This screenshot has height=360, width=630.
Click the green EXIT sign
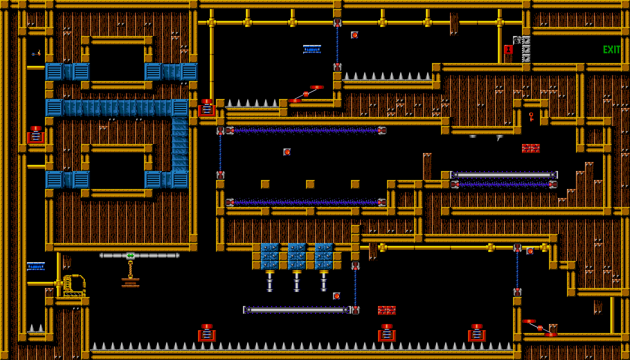[x=611, y=50]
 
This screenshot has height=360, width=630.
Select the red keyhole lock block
[x=508, y=49]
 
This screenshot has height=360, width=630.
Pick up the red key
[x=531, y=116]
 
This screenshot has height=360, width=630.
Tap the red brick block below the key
[x=530, y=148]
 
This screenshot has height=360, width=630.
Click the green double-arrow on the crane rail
[x=130, y=255]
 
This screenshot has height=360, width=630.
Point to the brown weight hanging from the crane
[x=130, y=282]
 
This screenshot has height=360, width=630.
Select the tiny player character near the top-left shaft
[x=37, y=53]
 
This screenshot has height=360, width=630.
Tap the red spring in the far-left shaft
[x=36, y=135]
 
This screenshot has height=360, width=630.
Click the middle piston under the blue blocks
[x=296, y=280]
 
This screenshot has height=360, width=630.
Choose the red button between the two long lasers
[x=287, y=152]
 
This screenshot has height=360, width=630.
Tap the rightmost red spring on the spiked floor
[x=476, y=333]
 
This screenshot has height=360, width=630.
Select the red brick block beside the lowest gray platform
[x=386, y=310]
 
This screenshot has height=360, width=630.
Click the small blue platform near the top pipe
[x=312, y=49]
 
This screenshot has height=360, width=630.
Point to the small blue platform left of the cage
[x=36, y=266]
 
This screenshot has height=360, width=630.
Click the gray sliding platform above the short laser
[x=504, y=175]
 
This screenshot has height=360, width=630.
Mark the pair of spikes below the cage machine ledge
[x=36, y=327]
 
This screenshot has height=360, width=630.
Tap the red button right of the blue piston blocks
[x=530, y=251]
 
